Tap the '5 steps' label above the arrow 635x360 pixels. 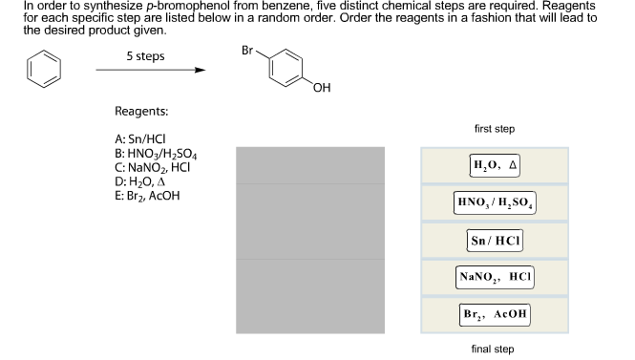(x=145, y=56)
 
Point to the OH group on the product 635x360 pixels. (x=321, y=90)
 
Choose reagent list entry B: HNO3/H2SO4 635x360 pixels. (x=156, y=153)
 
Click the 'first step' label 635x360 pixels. (x=494, y=129)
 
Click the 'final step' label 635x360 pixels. (x=493, y=349)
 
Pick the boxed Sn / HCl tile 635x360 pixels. (x=495, y=239)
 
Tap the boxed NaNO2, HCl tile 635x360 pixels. (x=495, y=276)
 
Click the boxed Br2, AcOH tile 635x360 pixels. (x=495, y=313)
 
